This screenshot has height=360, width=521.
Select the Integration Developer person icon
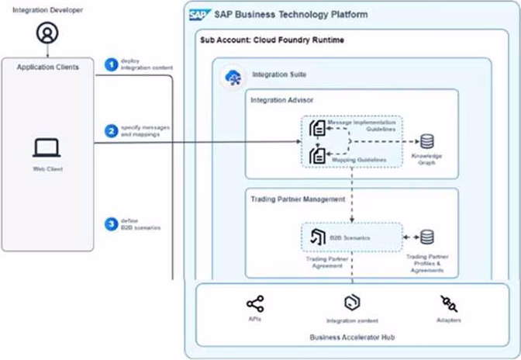[x=48, y=33]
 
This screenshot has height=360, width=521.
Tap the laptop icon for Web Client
[x=47, y=147]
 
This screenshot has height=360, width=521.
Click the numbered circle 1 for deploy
[x=111, y=64]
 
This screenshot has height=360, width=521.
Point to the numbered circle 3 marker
[x=111, y=224]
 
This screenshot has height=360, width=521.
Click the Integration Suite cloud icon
[x=231, y=75]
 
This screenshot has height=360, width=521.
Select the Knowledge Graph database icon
[x=426, y=141]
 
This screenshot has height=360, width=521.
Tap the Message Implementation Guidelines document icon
[x=316, y=128]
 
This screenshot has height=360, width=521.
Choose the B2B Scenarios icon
[x=316, y=237]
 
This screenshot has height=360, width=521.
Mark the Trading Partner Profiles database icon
[x=426, y=237]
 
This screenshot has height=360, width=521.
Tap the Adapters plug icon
[x=448, y=303]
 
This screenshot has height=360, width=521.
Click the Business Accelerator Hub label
[x=349, y=337]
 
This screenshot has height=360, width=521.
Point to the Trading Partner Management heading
[x=297, y=199]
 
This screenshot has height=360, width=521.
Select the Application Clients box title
[x=48, y=67]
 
